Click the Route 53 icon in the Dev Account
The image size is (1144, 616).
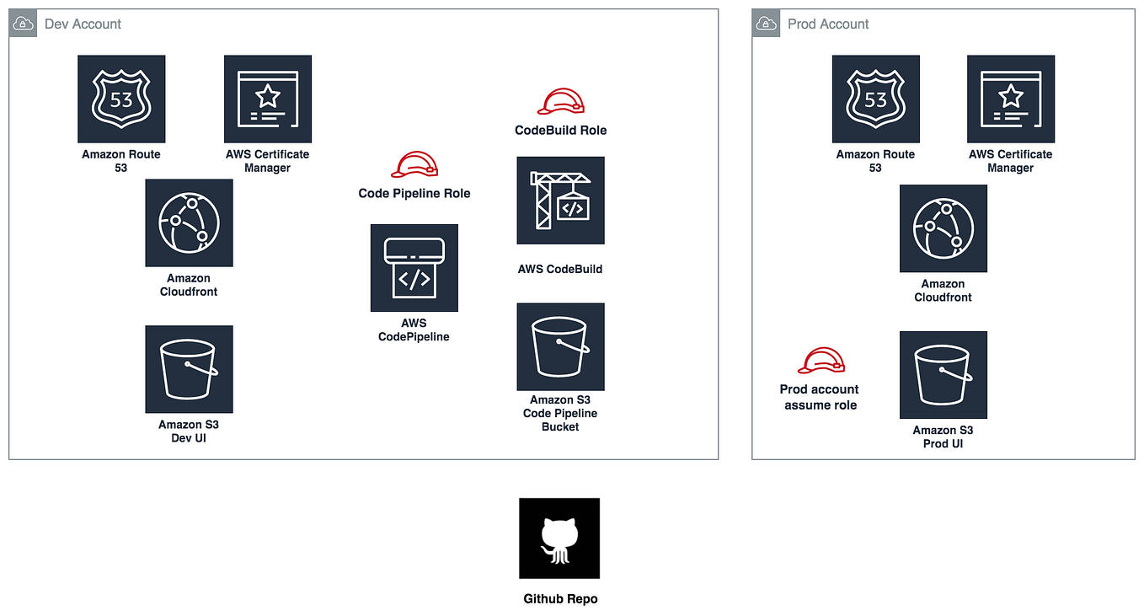(x=121, y=99)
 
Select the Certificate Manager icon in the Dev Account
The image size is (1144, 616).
(x=268, y=99)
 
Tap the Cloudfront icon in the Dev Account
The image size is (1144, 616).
(x=189, y=223)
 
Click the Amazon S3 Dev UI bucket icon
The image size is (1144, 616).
(x=189, y=370)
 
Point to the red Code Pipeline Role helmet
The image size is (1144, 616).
(x=414, y=163)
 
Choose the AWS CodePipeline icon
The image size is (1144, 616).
(x=414, y=268)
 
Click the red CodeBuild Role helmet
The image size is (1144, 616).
(x=561, y=102)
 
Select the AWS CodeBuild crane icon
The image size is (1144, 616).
(x=561, y=201)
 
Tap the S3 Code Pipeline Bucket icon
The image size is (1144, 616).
(x=561, y=347)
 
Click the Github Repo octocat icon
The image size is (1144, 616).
(x=559, y=538)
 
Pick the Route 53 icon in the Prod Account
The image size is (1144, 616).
(x=876, y=99)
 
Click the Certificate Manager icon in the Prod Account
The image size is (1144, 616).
(x=1011, y=99)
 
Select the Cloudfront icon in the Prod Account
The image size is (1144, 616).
(x=944, y=228)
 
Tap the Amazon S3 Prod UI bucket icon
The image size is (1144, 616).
(x=944, y=375)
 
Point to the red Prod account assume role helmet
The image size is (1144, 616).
(x=821, y=361)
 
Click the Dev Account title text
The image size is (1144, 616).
(x=83, y=24)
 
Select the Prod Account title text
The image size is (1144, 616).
(x=828, y=24)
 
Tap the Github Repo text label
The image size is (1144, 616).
(x=560, y=599)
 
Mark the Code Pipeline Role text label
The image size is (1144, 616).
(x=414, y=193)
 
